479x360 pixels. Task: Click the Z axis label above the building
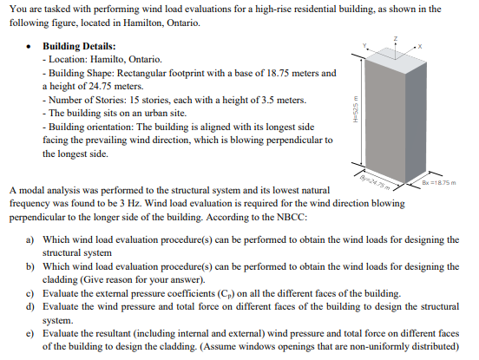coord(396,37)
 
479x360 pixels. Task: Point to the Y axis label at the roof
coord(367,44)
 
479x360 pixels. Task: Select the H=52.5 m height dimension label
coord(352,110)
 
